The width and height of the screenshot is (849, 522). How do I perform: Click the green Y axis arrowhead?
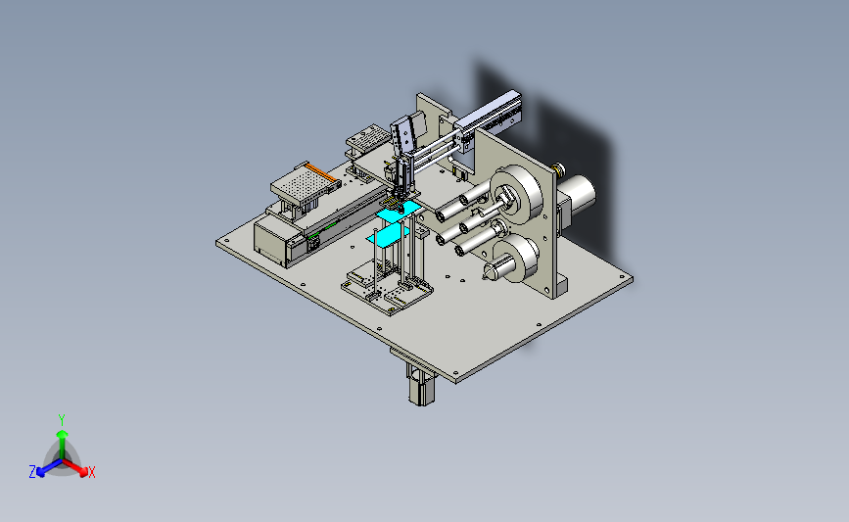click(62, 434)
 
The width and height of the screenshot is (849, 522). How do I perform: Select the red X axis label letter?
click(92, 472)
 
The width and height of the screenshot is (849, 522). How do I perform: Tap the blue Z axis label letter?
click(32, 472)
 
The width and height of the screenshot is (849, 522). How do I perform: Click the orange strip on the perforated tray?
click(323, 172)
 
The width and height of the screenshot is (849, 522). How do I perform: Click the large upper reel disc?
click(518, 194)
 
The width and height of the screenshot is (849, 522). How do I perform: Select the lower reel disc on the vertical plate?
click(517, 259)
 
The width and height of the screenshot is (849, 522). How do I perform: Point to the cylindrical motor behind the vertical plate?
click(576, 195)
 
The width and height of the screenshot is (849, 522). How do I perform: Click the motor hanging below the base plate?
click(422, 385)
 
